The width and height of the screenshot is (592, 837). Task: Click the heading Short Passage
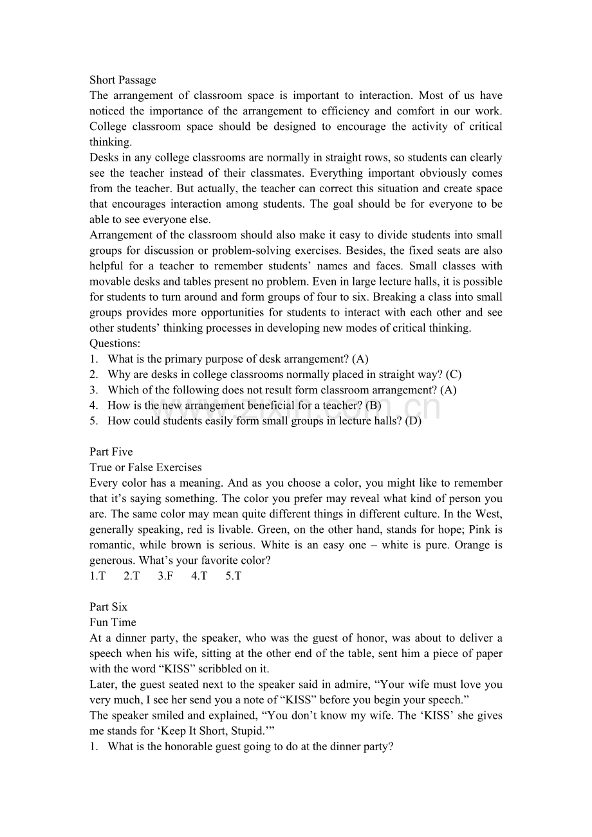point(122,80)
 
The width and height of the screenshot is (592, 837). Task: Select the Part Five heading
point(111,452)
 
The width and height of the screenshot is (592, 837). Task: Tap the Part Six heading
point(108,607)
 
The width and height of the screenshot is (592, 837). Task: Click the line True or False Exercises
point(145,467)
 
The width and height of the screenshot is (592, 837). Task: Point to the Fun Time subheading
point(113,622)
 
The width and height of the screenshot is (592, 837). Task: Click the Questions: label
point(115,343)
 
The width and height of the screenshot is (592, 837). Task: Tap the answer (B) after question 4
point(373,406)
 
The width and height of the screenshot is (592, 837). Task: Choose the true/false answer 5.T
point(233,576)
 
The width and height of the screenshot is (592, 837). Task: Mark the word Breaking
point(395,297)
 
